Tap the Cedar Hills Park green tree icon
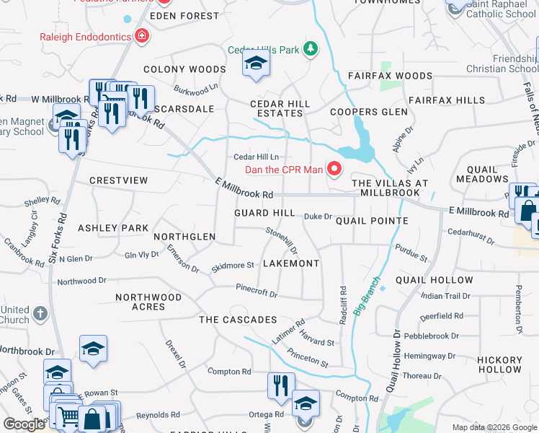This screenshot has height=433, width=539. coord(311,49)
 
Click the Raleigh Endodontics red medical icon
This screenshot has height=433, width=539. coord(142,36)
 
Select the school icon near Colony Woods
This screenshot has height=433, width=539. coord(255,64)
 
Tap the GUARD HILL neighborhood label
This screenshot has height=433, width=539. coord(264,214)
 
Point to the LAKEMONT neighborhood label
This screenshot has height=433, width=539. coord(290,263)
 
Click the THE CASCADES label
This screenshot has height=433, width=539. coord(238,320)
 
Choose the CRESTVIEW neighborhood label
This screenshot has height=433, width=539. coord(118,180)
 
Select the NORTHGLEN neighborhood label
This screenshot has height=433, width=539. coord(184,237)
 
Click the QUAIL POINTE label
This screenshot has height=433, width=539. coord(372,221)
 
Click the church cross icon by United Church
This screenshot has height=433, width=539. coord(40,314)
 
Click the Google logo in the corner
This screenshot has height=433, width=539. coord(24,424)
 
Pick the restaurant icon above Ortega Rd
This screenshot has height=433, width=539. coord(280,385)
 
